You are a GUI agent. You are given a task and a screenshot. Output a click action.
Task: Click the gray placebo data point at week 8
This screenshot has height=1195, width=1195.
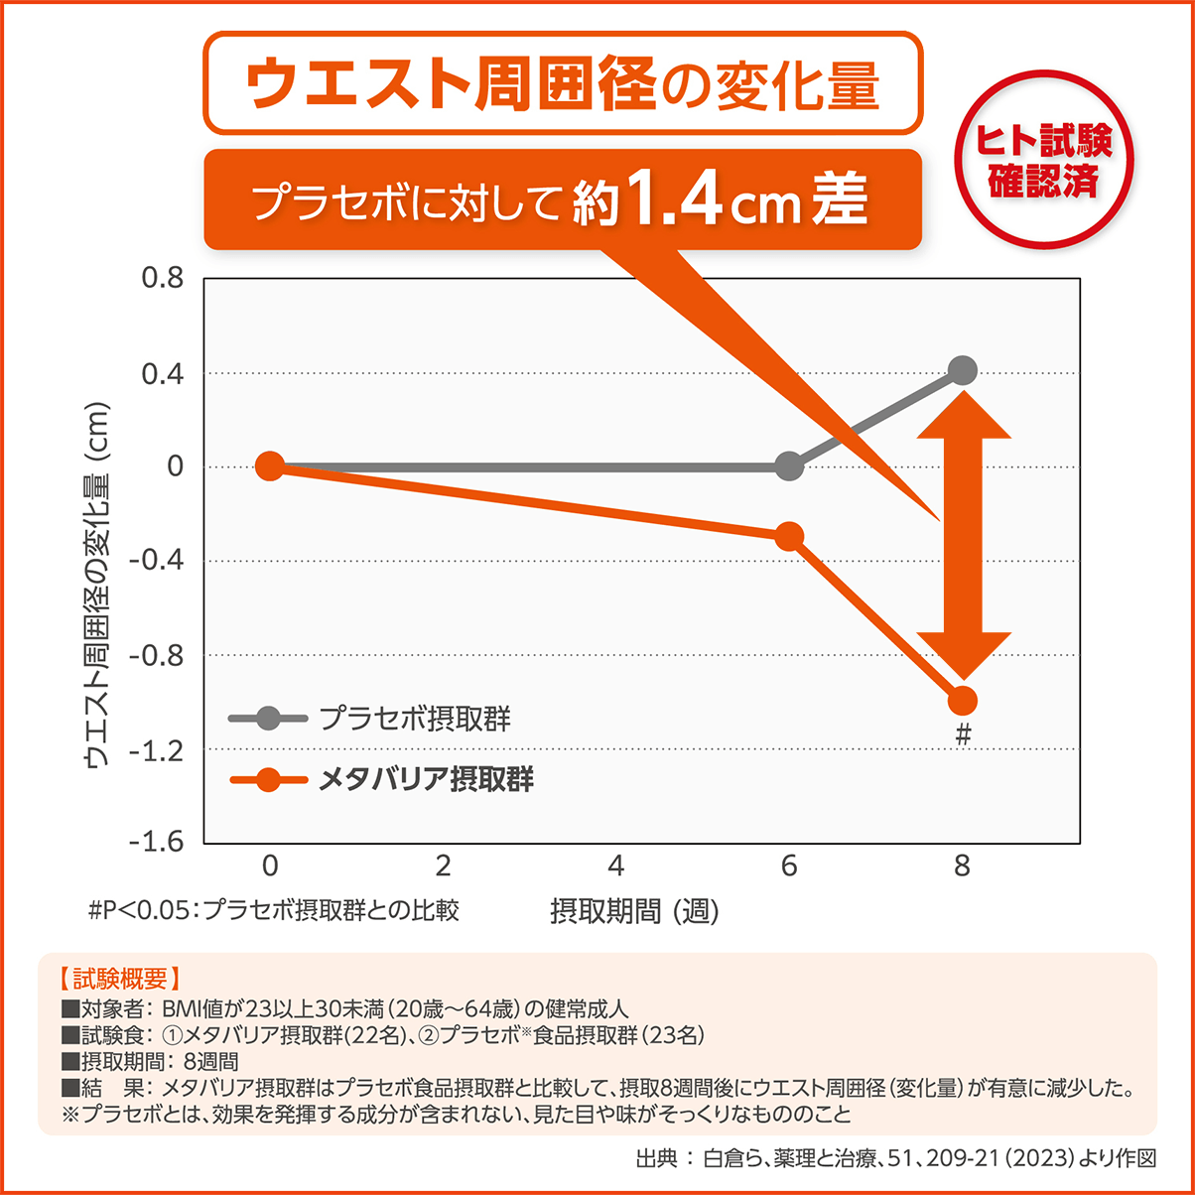[962, 371]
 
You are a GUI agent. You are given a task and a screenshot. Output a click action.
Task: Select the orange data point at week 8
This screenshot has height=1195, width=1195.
[962, 702]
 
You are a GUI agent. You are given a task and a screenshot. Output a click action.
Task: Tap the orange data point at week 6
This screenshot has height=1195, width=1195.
[789, 537]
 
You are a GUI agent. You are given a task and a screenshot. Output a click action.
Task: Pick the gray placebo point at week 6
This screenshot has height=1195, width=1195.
[789, 466]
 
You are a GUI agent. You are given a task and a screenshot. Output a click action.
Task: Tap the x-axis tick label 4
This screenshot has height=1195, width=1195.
[616, 866]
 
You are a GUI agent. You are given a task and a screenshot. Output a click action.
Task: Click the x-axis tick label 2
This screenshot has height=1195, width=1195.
[443, 866]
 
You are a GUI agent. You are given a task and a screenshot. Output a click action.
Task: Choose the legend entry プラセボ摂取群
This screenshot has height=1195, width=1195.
[415, 718]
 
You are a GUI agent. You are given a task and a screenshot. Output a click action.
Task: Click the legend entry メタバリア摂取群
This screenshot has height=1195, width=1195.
[426, 780]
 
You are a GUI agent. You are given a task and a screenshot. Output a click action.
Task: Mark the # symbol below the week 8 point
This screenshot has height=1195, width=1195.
[962, 735]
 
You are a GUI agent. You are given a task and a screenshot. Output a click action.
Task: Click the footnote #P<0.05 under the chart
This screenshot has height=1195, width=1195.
[273, 910]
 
